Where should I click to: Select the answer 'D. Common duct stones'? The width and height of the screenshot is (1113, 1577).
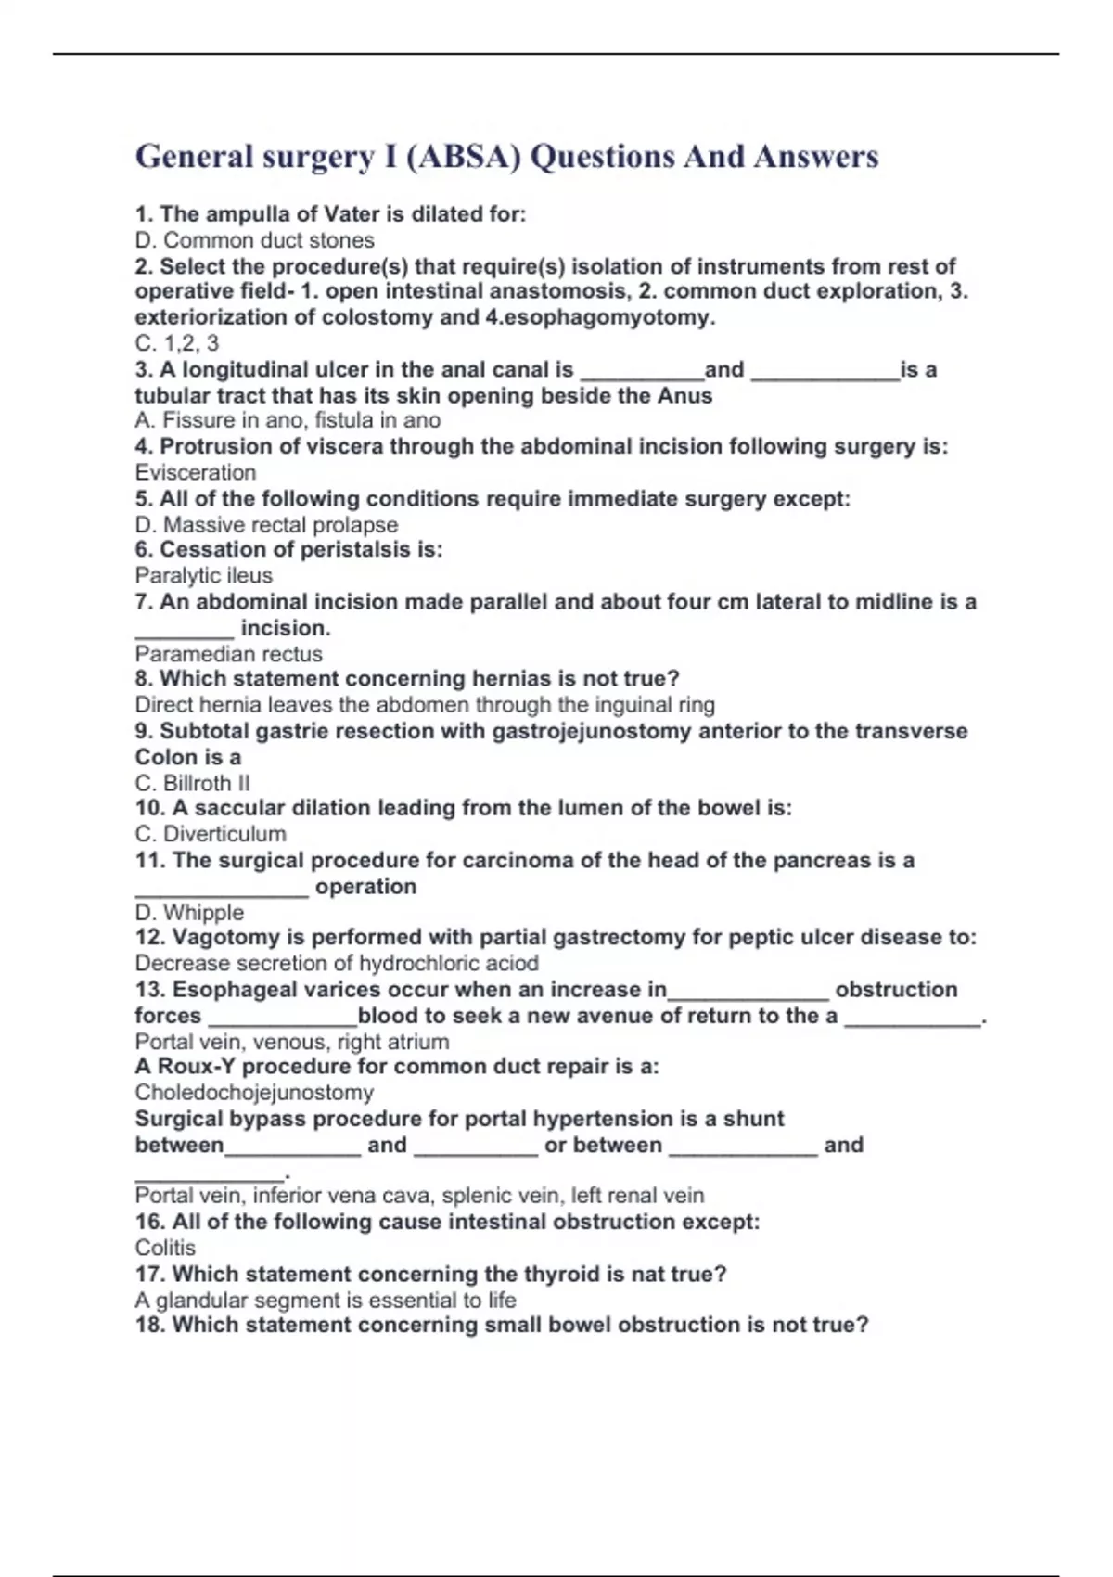pyautogui.click(x=254, y=240)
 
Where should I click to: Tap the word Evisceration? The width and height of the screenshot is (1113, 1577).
pyautogui.click(x=195, y=472)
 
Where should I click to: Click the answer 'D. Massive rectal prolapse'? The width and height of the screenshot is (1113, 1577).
pyautogui.click(x=266, y=524)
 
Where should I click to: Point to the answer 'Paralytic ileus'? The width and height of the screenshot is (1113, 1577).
pyautogui.click(x=203, y=575)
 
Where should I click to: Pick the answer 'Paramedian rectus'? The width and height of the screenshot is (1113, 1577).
pyautogui.click(x=228, y=654)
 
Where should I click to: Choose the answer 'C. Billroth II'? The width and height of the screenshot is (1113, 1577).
pyautogui.click(x=192, y=783)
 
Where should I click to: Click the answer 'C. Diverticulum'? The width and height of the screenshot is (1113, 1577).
pyautogui.click(x=210, y=834)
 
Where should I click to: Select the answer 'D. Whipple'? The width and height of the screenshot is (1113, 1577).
pyautogui.click(x=189, y=912)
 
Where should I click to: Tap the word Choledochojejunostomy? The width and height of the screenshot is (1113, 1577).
pyautogui.click(x=254, y=1092)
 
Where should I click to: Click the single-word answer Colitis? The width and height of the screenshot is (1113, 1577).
pyautogui.click(x=165, y=1248)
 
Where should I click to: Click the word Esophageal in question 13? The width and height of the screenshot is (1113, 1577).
pyautogui.click(x=230, y=990)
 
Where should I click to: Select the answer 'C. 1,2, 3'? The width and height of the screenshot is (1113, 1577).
pyautogui.click(x=176, y=343)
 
